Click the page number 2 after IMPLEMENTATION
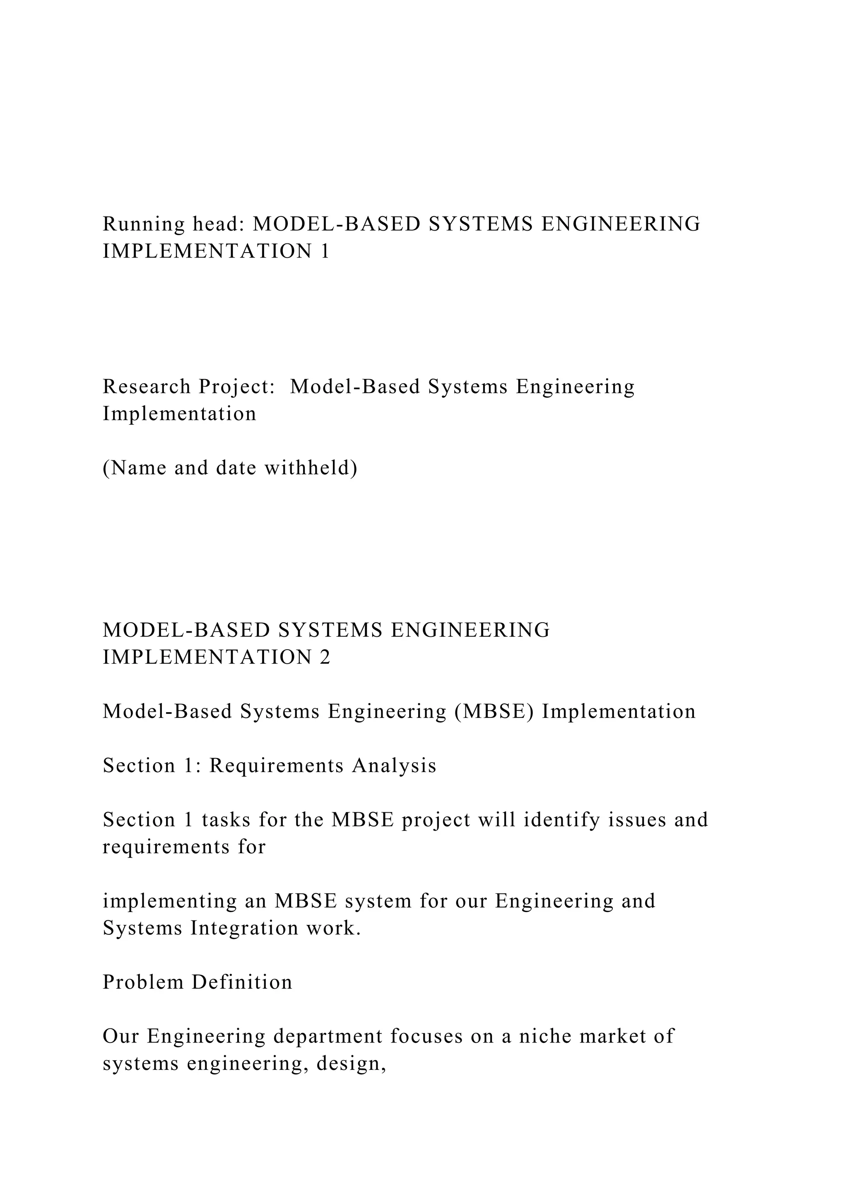coord(325,657)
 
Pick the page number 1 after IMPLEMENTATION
coord(325,252)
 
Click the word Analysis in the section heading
coord(394,766)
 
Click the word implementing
coord(169,901)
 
